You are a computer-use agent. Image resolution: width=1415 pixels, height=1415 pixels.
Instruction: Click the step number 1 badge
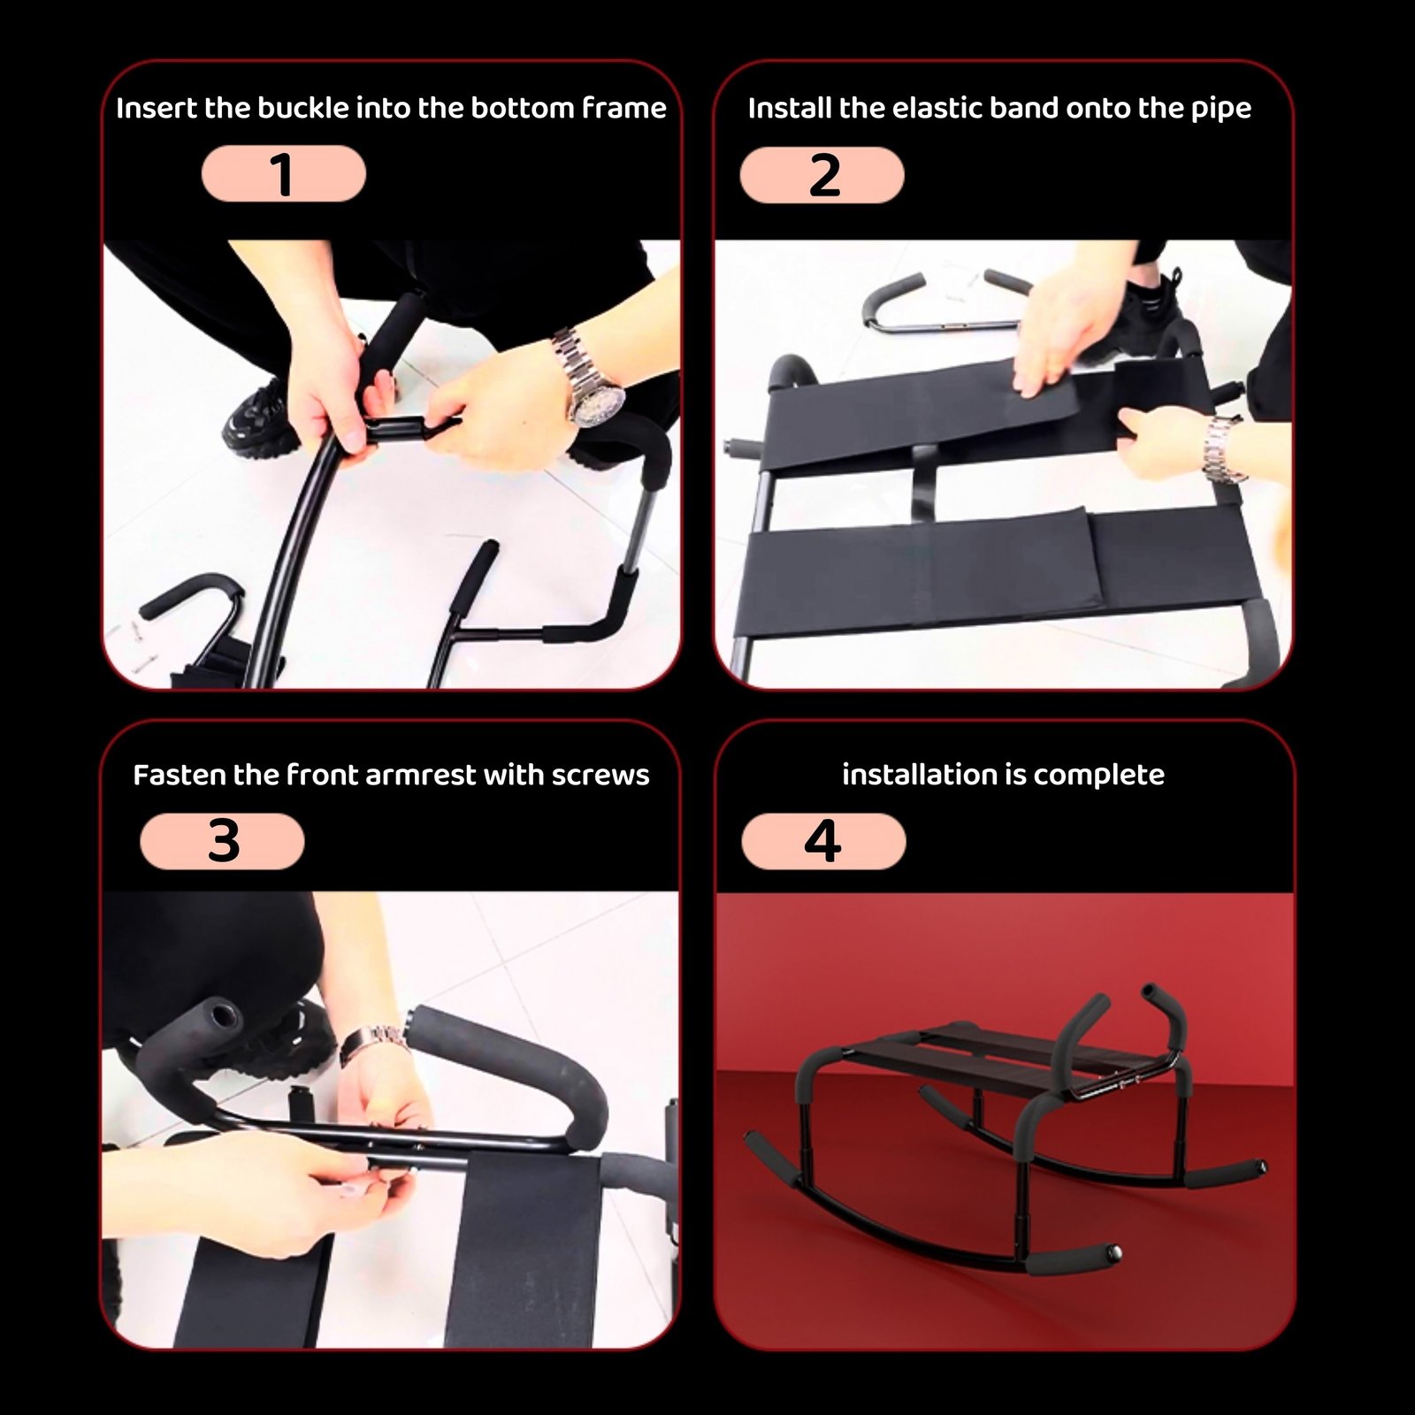click(283, 174)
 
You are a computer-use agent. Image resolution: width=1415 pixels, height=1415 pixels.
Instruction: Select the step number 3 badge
click(222, 841)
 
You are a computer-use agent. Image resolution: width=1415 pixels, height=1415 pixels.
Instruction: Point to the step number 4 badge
click(823, 841)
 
